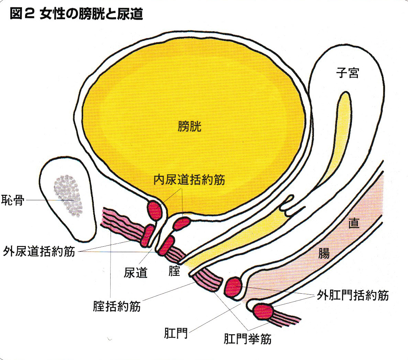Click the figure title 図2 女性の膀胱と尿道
[76, 13]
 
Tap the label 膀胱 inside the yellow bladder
[190, 126]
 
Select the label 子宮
[348, 72]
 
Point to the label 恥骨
[13, 200]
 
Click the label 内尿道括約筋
[189, 180]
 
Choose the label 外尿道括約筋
[39, 251]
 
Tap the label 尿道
[136, 272]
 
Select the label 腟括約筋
[117, 306]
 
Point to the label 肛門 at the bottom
[176, 333]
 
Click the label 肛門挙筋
[248, 339]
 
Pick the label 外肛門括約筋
[353, 295]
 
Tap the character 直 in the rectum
[354, 223]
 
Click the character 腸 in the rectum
[324, 253]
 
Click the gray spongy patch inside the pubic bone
[68, 195]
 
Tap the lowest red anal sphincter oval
[263, 311]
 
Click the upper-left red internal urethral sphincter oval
[155, 210]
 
